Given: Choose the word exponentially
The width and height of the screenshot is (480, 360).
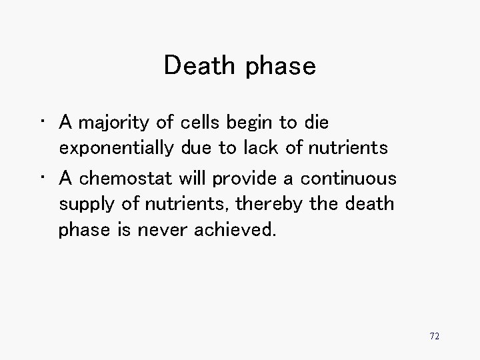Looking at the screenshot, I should point(119,148).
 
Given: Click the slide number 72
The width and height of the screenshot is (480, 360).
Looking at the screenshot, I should point(434,336).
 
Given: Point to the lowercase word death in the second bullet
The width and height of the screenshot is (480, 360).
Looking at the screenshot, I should point(371,205).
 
